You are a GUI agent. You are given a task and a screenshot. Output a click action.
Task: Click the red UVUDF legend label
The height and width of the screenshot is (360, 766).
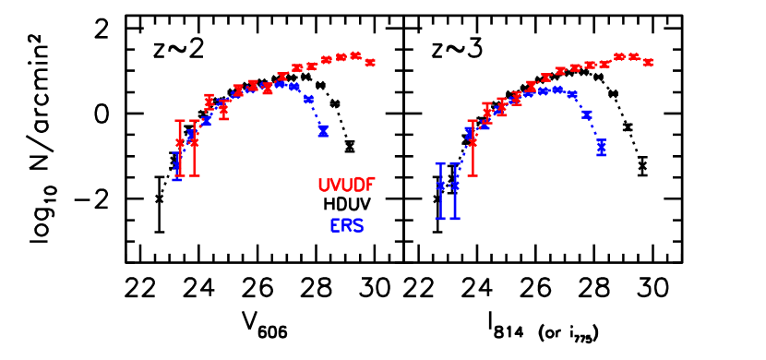(x=346, y=185)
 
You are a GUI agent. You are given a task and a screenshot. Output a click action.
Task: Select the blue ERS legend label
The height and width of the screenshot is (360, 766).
(x=346, y=225)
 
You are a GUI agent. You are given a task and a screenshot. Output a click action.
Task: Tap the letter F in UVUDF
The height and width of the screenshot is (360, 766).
(x=370, y=185)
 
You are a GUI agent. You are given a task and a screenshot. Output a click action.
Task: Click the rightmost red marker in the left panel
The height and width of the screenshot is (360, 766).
(x=370, y=63)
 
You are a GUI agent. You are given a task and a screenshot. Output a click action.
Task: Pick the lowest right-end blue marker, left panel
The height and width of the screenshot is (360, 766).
(x=323, y=131)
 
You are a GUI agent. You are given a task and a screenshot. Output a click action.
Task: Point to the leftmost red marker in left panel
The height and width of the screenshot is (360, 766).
(x=180, y=143)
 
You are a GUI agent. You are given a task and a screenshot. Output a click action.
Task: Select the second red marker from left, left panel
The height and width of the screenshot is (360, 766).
(x=194, y=142)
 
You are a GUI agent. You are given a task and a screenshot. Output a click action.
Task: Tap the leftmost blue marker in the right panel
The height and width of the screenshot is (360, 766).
(x=440, y=186)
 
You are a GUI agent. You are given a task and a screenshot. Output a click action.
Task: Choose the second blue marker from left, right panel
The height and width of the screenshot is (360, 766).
(x=454, y=186)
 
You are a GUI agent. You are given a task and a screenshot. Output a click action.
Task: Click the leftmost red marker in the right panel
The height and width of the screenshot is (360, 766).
(x=473, y=142)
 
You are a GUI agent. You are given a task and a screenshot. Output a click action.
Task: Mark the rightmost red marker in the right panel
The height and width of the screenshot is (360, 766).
(x=648, y=63)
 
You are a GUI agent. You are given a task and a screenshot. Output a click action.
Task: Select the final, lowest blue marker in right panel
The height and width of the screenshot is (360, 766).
(x=602, y=147)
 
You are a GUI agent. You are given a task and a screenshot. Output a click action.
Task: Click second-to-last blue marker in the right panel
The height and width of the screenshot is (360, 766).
(x=587, y=115)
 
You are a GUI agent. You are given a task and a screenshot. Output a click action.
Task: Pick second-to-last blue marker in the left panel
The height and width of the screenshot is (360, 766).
(x=308, y=99)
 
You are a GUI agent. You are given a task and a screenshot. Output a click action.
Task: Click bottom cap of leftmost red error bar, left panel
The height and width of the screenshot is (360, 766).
(x=180, y=174)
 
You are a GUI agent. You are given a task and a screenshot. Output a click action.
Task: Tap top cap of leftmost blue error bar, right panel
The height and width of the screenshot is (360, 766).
(x=440, y=163)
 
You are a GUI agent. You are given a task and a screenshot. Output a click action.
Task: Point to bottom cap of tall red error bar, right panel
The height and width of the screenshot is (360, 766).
(x=473, y=174)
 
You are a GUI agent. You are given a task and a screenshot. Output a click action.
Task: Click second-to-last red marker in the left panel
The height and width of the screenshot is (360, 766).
(x=355, y=55)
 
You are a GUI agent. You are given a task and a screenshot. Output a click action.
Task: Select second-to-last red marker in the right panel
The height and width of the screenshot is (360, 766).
(x=634, y=56)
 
